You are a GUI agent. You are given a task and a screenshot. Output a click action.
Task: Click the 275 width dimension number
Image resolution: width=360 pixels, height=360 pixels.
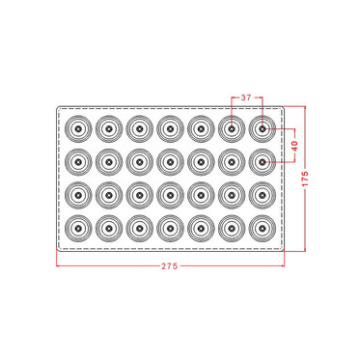170,266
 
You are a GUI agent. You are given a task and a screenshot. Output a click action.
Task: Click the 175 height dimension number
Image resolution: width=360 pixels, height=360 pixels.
305,179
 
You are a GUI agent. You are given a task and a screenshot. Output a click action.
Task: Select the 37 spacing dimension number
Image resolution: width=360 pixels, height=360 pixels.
246,97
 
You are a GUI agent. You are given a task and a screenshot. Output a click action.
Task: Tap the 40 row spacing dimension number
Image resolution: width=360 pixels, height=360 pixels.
295,146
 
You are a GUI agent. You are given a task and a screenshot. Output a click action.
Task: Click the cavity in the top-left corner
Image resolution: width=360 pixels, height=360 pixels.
78,129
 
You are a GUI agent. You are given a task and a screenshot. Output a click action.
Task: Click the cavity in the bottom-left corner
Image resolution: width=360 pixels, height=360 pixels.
78,229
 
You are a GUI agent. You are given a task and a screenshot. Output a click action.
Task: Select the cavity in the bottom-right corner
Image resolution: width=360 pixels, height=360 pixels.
263,229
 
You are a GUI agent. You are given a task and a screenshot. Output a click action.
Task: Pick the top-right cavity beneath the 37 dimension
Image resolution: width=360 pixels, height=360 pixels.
263,129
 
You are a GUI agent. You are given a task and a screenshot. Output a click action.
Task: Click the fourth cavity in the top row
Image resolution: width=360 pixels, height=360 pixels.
171,129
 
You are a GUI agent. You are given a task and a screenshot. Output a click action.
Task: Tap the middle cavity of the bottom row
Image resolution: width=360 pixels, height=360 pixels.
171,229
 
